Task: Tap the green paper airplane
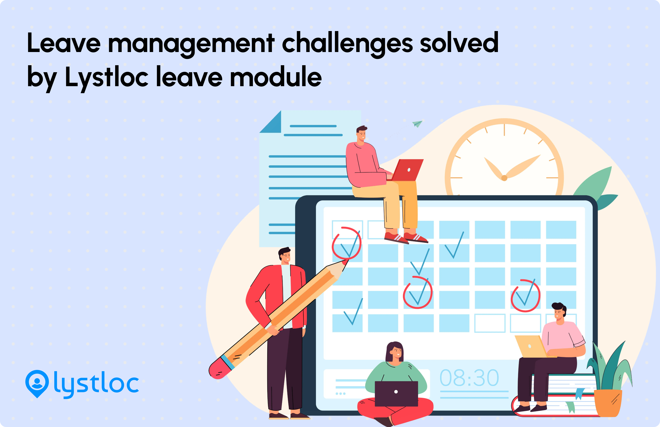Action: tap(417, 123)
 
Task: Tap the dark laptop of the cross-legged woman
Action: tap(396, 393)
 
